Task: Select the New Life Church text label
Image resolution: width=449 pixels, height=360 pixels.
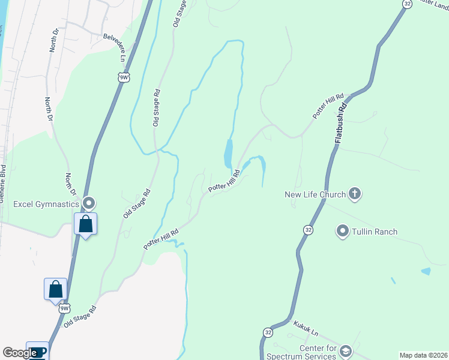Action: click(315, 194)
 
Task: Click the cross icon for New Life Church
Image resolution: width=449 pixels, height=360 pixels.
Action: click(355, 194)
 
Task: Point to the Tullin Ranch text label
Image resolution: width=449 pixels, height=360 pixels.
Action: click(375, 232)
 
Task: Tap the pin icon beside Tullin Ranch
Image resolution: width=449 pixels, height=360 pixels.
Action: click(343, 231)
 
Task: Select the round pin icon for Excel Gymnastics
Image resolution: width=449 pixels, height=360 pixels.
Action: click(89, 203)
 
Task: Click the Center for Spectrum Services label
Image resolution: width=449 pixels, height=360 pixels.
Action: click(306, 352)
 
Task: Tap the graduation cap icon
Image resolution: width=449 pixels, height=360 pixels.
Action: click(345, 351)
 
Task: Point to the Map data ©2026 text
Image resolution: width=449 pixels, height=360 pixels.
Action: click(424, 355)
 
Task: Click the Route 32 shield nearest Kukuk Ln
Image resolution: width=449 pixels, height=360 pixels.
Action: click(268, 332)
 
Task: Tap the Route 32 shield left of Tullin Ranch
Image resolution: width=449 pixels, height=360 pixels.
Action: click(308, 230)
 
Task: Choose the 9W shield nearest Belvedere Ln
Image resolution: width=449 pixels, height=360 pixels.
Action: click(124, 77)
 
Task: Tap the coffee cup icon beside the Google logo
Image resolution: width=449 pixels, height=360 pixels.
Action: click(37, 351)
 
